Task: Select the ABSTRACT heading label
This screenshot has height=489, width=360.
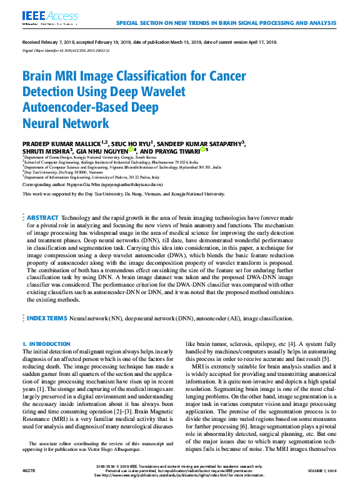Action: click(42, 218)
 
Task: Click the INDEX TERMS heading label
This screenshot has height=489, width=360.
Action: click(46, 318)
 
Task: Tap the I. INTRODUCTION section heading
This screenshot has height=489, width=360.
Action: click(46, 344)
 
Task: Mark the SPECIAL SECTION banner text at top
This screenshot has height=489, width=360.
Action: click(226, 23)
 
